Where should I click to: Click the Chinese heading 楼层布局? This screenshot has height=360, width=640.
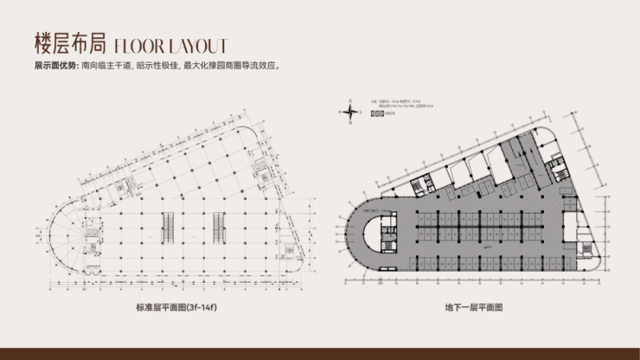coord(69,43)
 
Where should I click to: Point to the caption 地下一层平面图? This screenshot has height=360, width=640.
coord(473,308)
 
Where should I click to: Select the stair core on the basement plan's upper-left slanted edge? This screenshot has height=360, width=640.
coord(421,185)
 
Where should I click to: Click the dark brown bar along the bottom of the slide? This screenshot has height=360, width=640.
coord(320,354)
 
